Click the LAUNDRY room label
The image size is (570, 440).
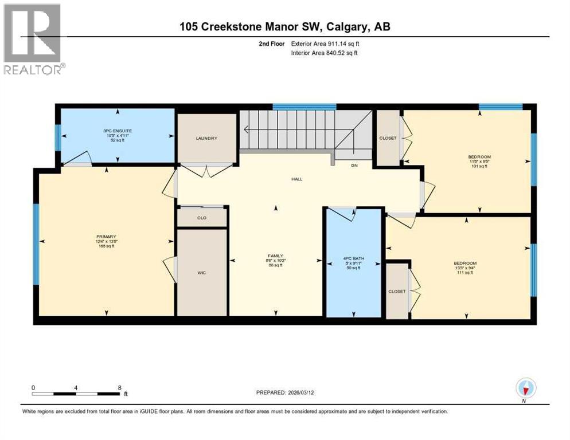pyautogui.click(x=206, y=138)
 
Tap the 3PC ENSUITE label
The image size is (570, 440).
pyautogui.click(x=117, y=131)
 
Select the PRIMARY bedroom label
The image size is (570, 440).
pyautogui.click(x=107, y=237)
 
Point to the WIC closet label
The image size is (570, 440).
pyautogui.click(x=201, y=272)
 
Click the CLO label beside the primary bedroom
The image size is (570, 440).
pyautogui.click(x=201, y=218)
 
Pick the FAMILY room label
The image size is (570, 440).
pyautogui.click(x=275, y=256)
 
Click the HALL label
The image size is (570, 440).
pyautogui.click(x=296, y=179)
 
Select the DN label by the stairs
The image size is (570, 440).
pyautogui.click(x=354, y=166)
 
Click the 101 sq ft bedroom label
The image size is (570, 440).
pyautogui.click(x=479, y=156)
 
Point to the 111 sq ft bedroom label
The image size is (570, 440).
pyautogui.click(x=464, y=264)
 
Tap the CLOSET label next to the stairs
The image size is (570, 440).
pyautogui.click(x=388, y=138)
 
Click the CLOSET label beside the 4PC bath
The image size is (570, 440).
pyautogui.click(x=396, y=291)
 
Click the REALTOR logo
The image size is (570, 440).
pyautogui.click(x=33, y=38)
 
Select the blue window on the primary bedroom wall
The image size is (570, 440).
pyautogui.click(x=36, y=244)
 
